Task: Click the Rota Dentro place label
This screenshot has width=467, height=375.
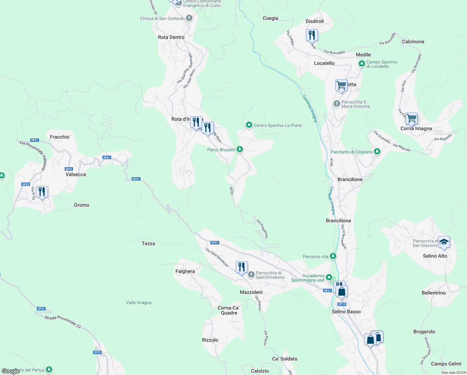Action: [x=171, y=37]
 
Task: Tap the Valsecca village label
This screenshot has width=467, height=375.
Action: [x=76, y=174]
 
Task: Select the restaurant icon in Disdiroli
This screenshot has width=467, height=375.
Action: [x=312, y=35]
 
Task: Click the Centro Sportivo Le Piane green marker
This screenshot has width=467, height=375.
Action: [x=249, y=125]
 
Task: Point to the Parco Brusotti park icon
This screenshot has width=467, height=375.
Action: [x=240, y=149]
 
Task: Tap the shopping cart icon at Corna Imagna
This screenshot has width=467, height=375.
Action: [x=411, y=118]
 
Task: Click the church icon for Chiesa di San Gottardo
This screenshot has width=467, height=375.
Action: [x=189, y=18]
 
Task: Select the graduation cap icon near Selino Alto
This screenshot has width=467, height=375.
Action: [x=444, y=242]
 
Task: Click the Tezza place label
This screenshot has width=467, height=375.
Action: [x=148, y=243]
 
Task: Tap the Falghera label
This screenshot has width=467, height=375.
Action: [x=185, y=271]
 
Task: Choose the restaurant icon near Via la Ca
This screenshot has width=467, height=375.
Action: [x=42, y=191]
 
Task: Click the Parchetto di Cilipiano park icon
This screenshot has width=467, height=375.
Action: [x=377, y=152]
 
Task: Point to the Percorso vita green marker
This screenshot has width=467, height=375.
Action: [x=333, y=257]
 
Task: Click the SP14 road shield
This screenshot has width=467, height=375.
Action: [x=342, y=304]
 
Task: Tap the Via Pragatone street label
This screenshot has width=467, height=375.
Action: [x=262, y=228]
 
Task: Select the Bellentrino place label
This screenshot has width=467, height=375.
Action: [x=434, y=293]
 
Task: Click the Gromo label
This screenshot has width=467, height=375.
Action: [x=81, y=205]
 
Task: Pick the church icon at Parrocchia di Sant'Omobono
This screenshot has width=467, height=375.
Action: [x=251, y=275]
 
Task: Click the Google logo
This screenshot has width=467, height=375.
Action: [x=10, y=371]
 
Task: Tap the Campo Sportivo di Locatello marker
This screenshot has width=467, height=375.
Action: [x=361, y=64]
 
